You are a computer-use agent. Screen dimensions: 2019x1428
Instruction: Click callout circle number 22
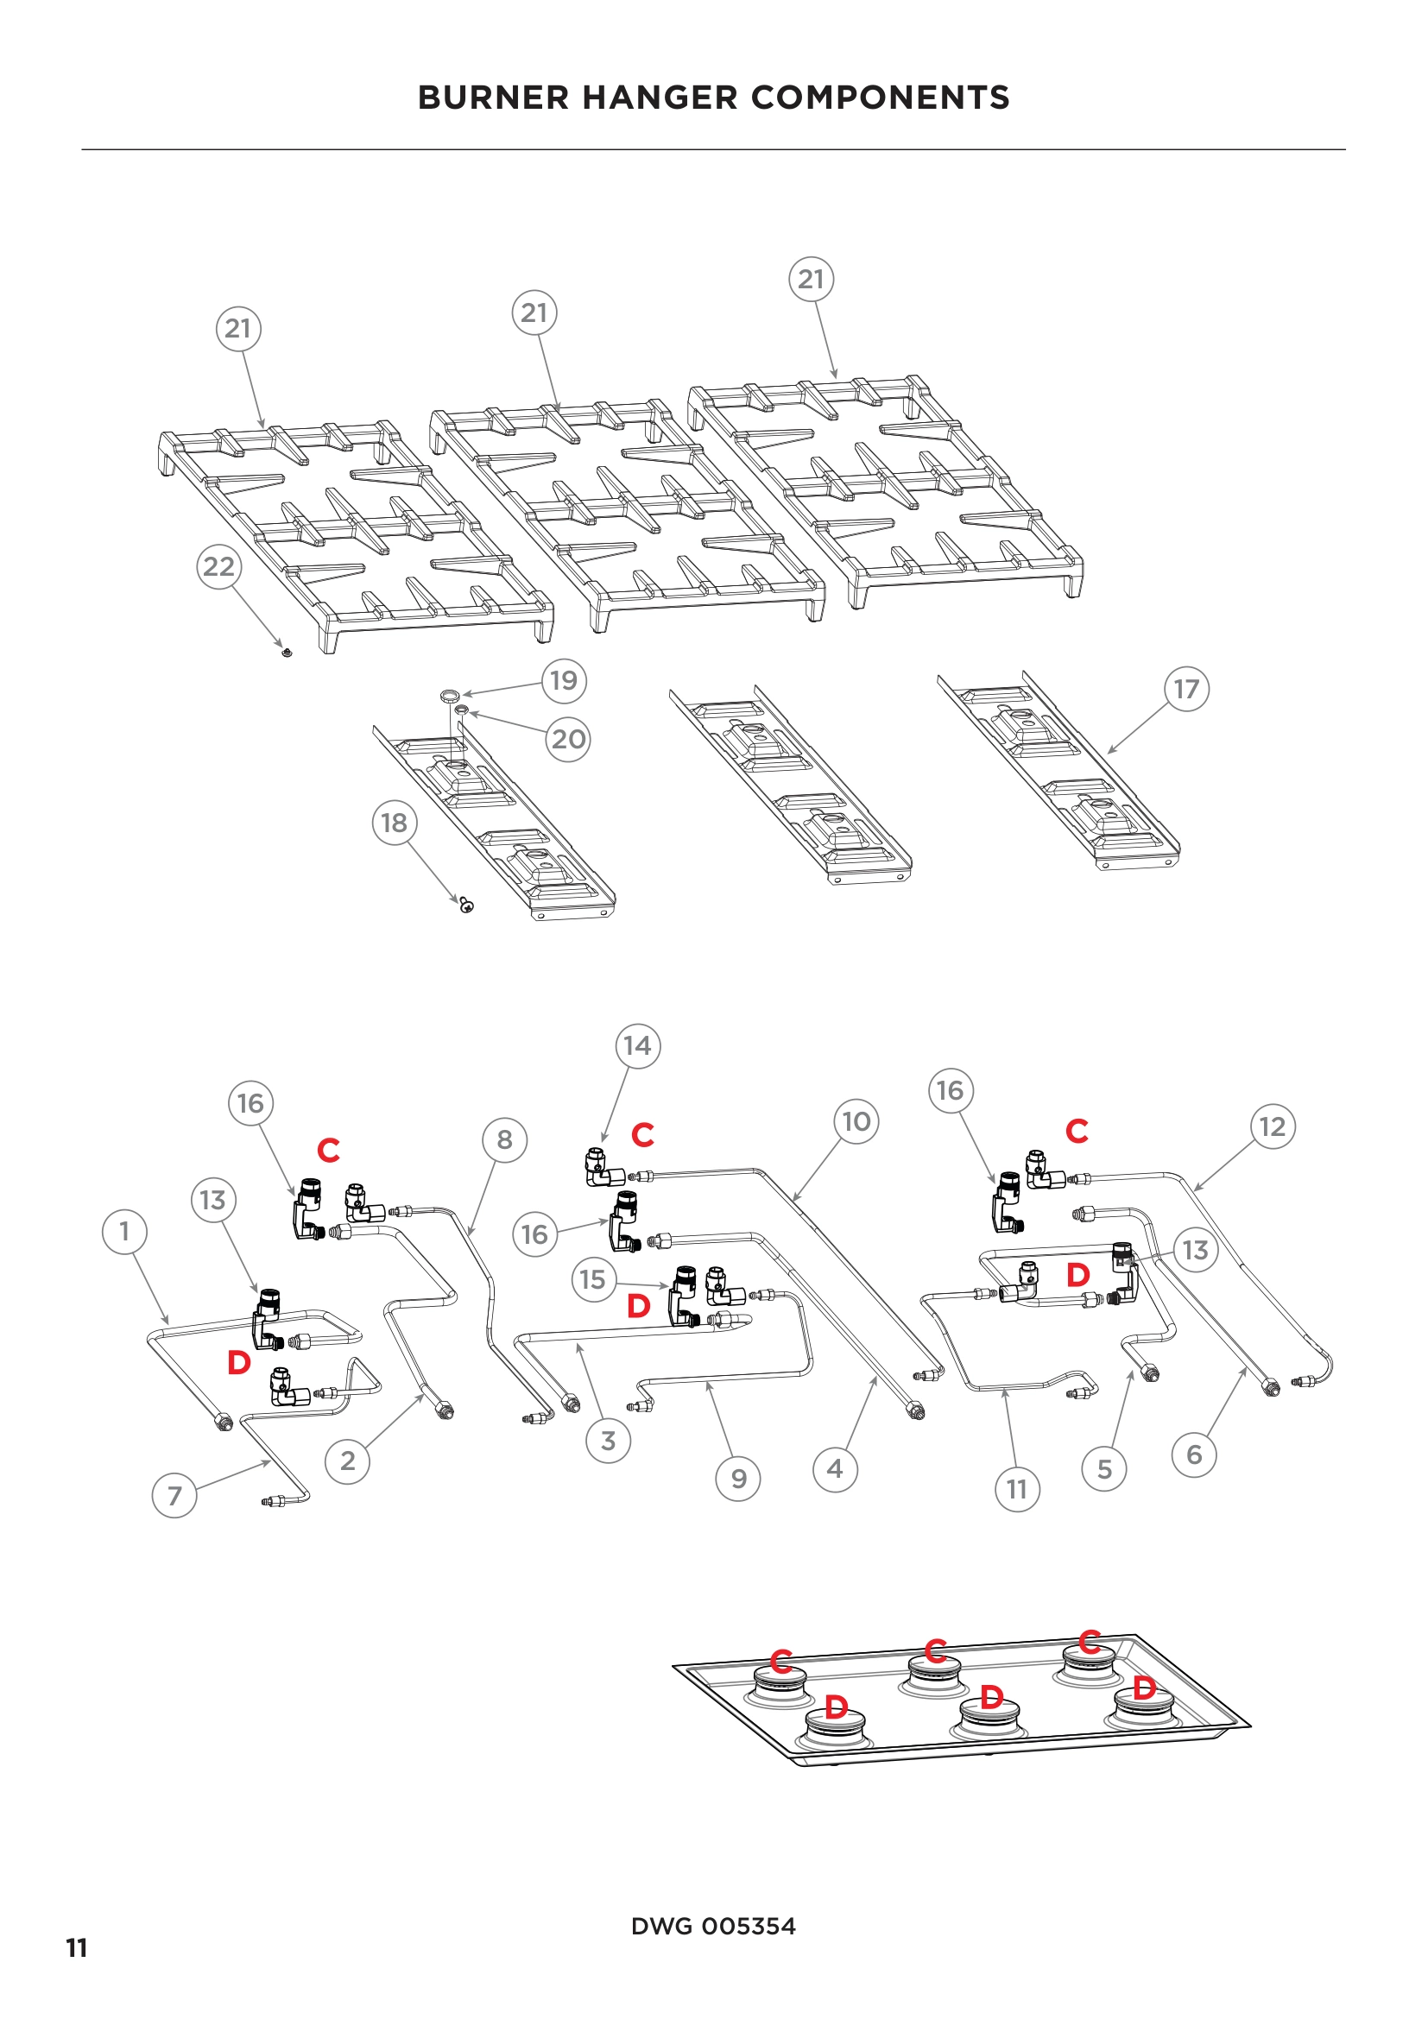click(x=219, y=566)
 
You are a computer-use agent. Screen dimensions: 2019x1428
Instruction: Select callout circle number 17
click(x=1186, y=689)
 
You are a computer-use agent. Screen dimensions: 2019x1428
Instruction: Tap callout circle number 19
click(x=564, y=680)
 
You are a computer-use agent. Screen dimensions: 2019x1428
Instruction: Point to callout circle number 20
click(x=568, y=739)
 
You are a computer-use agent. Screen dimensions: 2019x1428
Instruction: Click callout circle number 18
click(x=394, y=823)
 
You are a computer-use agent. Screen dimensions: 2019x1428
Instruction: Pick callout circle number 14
click(x=637, y=1045)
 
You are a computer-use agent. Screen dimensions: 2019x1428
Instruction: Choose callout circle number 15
click(x=592, y=1279)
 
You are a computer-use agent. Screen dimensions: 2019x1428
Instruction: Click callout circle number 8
click(x=505, y=1140)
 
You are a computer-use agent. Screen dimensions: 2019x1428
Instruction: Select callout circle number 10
click(x=856, y=1121)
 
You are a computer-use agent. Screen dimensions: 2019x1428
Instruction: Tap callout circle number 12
click(x=1273, y=1126)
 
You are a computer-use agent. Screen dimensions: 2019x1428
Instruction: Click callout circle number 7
click(x=174, y=1496)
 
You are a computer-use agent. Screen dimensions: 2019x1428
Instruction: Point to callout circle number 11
click(x=1017, y=1490)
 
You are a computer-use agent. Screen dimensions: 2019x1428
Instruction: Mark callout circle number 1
click(x=124, y=1231)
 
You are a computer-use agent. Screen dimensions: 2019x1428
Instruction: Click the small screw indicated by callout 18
click(x=467, y=905)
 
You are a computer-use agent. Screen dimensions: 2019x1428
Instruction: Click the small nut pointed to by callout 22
click(x=287, y=653)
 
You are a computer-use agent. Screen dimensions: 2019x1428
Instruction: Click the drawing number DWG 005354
click(x=713, y=1926)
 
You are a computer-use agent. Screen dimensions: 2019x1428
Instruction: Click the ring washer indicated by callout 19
click(x=450, y=697)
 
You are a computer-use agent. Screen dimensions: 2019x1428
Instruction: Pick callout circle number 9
click(x=739, y=1480)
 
